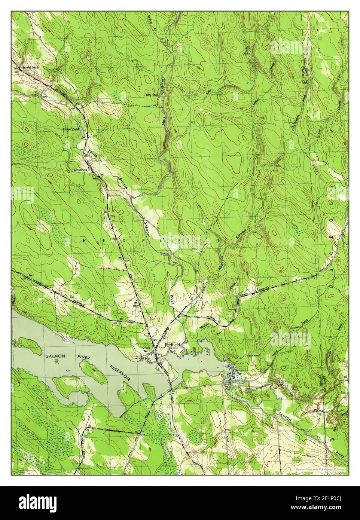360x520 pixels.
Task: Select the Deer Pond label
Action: [x=250, y=355]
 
